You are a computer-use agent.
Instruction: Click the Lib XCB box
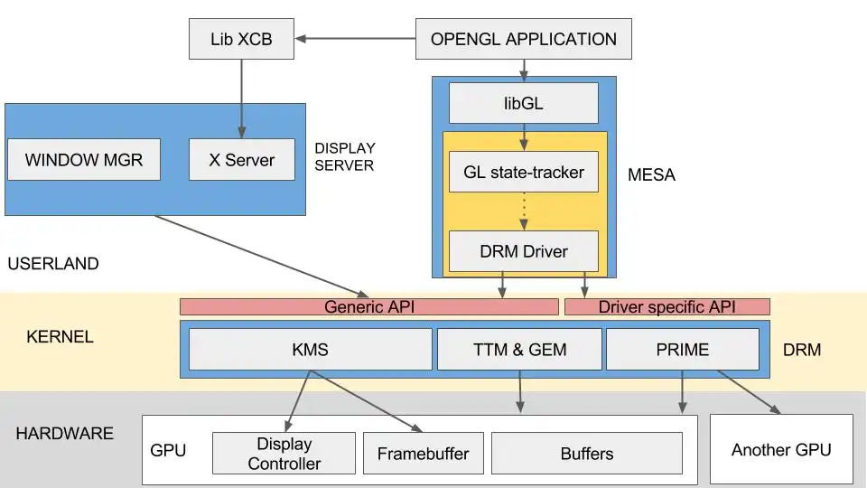click(x=241, y=39)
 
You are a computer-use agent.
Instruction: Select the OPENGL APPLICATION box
click(x=523, y=39)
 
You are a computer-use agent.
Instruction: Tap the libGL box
click(x=524, y=103)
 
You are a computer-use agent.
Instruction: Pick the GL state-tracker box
click(x=524, y=172)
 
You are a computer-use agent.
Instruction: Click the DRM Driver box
click(x=524, y=250)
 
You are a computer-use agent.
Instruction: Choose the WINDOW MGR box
click(x=83, y=160)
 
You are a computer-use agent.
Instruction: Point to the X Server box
click(x=241, y=160)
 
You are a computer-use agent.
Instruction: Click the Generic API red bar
click(x=368, y=307)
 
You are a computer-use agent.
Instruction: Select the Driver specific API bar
click(x=667, y=307)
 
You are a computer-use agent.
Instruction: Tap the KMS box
click(x=310, y=349)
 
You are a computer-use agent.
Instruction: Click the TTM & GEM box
click(x=519, y=349)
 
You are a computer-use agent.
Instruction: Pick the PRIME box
click(x=682, y=349)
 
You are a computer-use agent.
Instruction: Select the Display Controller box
click(x=284, y=454)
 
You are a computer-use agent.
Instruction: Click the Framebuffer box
click(x=423, y=454)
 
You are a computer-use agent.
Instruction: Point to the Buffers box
click(x=586, y=454)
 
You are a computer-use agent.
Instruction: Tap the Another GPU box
click(x=781, y=449)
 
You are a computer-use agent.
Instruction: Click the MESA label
click(x=651, y=175)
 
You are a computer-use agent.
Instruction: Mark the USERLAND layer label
click(x=52, y=264)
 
